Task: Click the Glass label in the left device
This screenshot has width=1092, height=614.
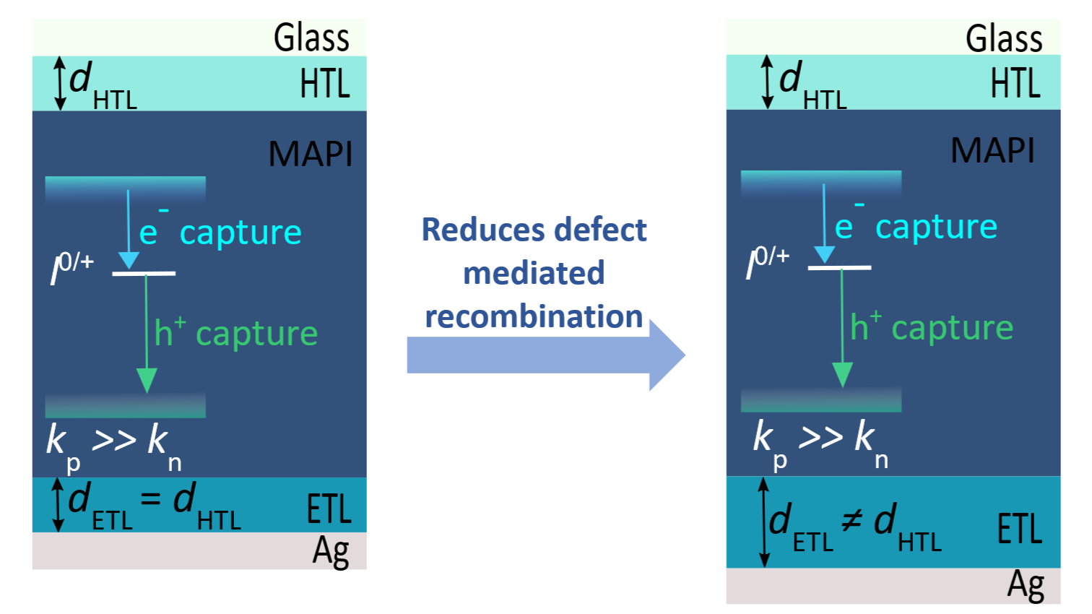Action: click(311, 38)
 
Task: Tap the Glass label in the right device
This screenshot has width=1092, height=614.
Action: click(1004, 39)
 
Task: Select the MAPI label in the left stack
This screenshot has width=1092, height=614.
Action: click(310, 154)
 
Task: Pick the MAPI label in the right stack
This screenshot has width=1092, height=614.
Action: click(992, 150)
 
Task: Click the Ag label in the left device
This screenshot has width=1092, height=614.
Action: click(331, 552)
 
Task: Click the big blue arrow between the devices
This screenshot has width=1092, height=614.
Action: click(547, 355)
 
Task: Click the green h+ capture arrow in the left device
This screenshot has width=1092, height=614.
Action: click(147, 334)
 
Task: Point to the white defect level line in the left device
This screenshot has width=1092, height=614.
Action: click(144, 274)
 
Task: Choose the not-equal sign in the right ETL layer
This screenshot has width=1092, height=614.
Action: click(852, 520)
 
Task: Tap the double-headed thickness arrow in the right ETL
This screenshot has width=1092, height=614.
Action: click(764, 522)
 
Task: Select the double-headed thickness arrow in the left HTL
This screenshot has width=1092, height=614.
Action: click(59, 83)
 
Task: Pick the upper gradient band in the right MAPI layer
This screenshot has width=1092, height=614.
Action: click(821, 184)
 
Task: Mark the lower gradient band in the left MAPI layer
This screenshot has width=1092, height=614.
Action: click(125, 405)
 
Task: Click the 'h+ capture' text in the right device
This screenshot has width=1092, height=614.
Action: click(932, 327)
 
